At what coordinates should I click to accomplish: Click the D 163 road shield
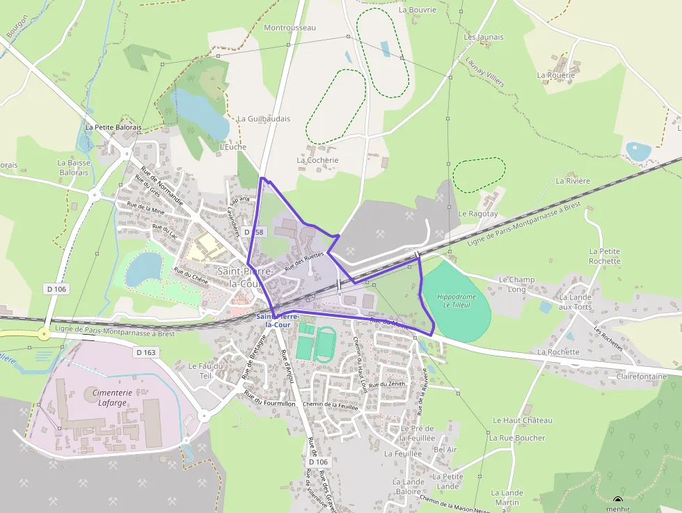click(x=146, y=353)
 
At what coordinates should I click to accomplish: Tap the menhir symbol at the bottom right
click(x=617, y=500)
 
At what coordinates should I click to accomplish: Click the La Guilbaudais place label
click(x=264, y=119)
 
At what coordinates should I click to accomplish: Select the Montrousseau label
click(x=290, y=28)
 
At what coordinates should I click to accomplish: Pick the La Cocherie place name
click(x=317, y=160)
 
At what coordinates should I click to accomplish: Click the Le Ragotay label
click(x=478, y=214)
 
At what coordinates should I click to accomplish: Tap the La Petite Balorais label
click(x=113, y=128)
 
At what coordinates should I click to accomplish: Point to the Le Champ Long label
click(x=516, y=284)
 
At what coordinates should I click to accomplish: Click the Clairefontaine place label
click(x=641, y=377)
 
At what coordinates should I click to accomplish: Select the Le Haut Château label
click(x=522, y=420)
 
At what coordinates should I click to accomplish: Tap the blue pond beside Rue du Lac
click(x=144, y=269)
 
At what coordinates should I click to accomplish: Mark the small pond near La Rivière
click(x=638, y=151)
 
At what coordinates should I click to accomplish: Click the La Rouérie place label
click(x=556, y=75)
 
